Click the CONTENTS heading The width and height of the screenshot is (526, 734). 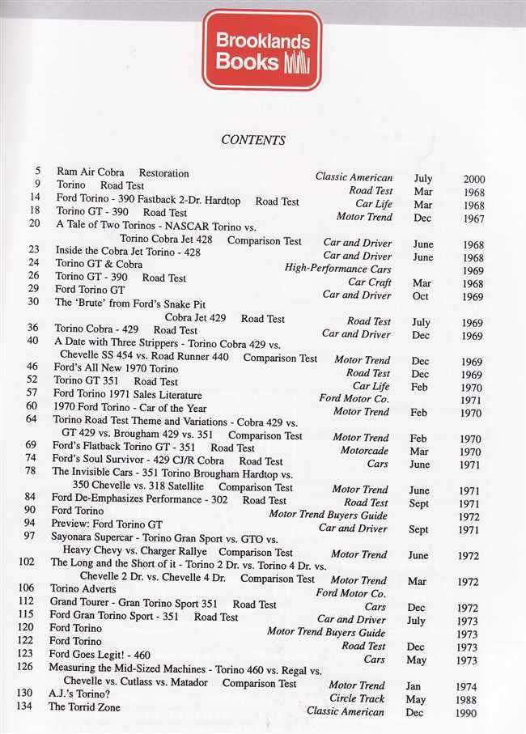253,140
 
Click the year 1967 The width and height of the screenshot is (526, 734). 473,218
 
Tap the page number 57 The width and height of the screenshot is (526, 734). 34,394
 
